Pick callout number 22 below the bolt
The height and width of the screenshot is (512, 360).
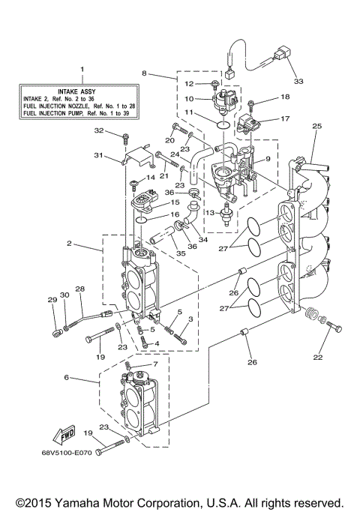pos(317,358)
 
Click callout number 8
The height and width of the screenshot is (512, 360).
pos(145,73)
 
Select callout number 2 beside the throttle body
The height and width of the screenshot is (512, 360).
pos(69,244)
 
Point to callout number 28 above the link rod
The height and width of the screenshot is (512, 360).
pos(80,289)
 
